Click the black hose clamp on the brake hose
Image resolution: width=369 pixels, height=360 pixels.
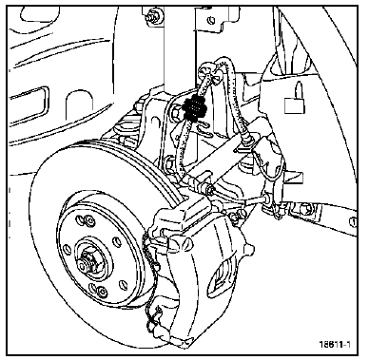tap(195, 107)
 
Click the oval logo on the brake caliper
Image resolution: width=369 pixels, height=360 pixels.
tap(223, 274)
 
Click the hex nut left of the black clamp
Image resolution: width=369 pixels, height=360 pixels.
tap(177, 113)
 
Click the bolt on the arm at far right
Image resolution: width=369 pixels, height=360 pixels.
tap(308, 208)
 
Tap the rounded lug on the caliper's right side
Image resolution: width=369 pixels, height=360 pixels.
tap(249, 250)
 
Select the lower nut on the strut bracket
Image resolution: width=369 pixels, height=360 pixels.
tap(168, 161)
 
